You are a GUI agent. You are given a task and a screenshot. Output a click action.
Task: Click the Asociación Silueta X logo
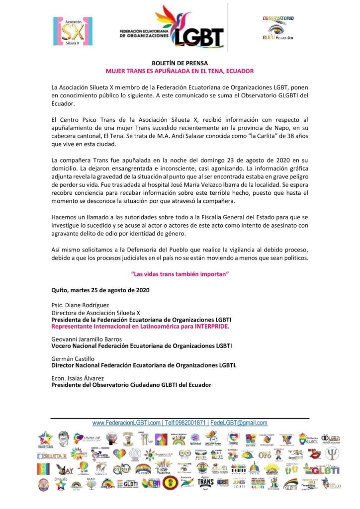pyautogui.click(x=73, y=31)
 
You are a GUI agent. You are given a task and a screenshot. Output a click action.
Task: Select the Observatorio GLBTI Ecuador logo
pyautogui.click(x=278, y=28)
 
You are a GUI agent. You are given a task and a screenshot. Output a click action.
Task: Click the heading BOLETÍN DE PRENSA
pyautogui.click(x=180, y=63)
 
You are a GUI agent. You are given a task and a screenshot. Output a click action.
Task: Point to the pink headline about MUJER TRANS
pyautogui.click(x=180, y=71)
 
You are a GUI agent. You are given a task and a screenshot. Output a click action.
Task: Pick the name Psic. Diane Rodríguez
pyautogui.click(x=80, y=305)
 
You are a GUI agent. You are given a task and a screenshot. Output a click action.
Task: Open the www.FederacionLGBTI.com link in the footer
pyautogui.click(x=127, y=423)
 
